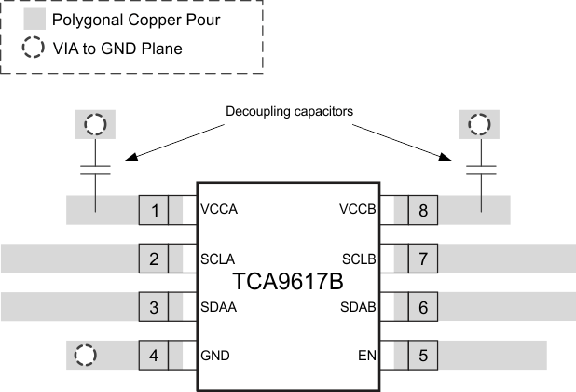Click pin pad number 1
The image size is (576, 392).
tap(154, 210)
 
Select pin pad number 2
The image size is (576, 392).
tap(154, 258)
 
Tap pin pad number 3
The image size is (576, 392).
tap(154, 306)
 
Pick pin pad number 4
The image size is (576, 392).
tap(154, 355)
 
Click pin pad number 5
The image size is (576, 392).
tap(422, 355)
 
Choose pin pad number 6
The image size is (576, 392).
tap(422, 306)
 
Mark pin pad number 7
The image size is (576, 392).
tap(422, 258)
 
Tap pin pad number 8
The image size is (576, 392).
tap(422, 210)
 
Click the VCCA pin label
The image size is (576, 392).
tap(219, 210)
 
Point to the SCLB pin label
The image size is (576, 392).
tap(359, 259)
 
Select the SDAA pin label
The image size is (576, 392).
tap(218, 307)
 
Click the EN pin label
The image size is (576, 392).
tap(367, 356)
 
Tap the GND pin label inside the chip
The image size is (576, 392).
tap(215, 356)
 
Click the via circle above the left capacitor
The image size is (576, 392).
tap(95, 124)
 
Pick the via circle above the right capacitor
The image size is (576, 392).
tap(480, 124)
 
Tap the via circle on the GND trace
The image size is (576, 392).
tap(85, 355)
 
